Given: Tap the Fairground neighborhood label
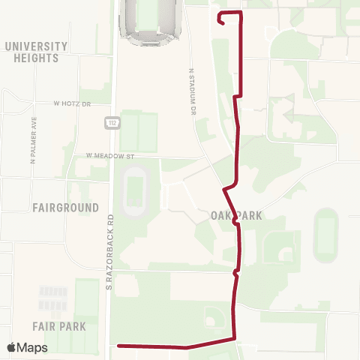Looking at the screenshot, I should pyautogui.click(x=66, y=206).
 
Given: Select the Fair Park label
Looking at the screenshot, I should pyautogui.click(x=59, y=326).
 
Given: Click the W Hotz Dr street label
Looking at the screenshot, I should pyautogui.click(x=72, y=103).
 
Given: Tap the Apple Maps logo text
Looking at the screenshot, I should pyautogui.click(x=27, y=348).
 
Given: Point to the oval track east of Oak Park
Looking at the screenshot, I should pyautogui.click(x=325, y=235).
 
